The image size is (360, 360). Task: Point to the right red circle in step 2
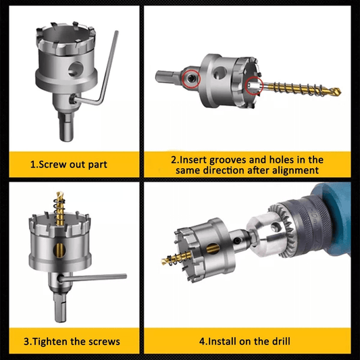[254, 86]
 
